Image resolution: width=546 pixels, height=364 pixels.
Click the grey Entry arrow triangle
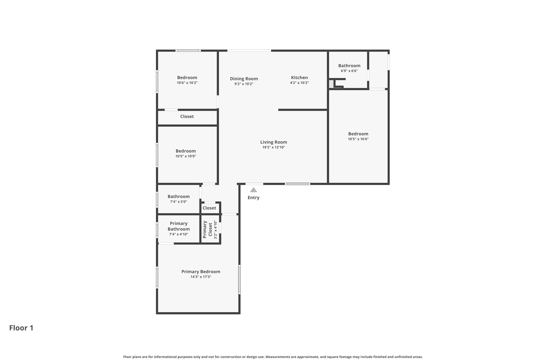click(x=253, y=190)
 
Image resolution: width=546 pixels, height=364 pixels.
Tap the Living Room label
click(x=274, y=142)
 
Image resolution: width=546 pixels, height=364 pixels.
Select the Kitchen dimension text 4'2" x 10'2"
click(x=299, y=83)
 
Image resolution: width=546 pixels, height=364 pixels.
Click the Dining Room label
click(x=244, y=79)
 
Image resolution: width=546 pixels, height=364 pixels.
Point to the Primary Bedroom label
click(x=201, y=271)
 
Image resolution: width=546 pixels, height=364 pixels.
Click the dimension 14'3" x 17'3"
click(x=201, y=277)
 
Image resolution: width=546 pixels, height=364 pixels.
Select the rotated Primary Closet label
click(x=207, y=229)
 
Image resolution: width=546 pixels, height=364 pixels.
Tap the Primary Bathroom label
click(x=179, y=226)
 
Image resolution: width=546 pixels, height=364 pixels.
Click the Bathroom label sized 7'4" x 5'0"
click(x=179, y=197)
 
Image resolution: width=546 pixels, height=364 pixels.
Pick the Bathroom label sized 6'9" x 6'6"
click(x=349, y=66)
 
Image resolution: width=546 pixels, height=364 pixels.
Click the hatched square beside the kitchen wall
click(x=331, y=84)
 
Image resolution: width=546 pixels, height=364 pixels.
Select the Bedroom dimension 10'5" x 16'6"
click(x=358, y=139)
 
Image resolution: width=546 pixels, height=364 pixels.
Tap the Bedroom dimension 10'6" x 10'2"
click(x=187, y=83)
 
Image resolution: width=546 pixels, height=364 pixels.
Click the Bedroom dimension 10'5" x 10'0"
click(x=186, y=156)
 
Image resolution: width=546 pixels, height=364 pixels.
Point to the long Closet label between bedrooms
click(x=187, y=117)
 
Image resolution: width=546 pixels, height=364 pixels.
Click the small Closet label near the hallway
click(x=209, y=208)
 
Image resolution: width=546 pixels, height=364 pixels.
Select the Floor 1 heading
click(x=21, y=328)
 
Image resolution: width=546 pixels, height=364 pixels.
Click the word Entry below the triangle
click(x=253, y=198)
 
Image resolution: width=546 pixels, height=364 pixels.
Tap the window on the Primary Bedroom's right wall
click(x=239, y=279)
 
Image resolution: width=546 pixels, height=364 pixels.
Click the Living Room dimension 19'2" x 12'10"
click(x=274, y=147)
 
